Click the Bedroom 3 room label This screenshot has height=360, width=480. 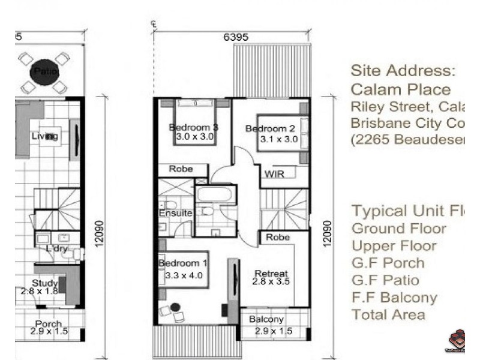click(193, 127)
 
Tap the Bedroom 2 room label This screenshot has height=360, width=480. click(270, 128)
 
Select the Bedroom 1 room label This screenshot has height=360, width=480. click(183, 263)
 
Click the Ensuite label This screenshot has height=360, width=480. click(175, 213)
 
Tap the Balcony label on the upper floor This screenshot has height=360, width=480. click(266, 319)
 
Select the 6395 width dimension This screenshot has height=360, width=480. click(236, 37)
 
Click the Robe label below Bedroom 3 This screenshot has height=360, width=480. click(181, 169)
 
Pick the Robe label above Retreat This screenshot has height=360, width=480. click(278, 237)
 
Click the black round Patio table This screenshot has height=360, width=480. click(44, 71)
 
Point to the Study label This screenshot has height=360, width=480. click(46, 283)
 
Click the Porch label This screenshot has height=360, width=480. click(48, 324)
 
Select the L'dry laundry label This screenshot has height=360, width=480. click(58, 248)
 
